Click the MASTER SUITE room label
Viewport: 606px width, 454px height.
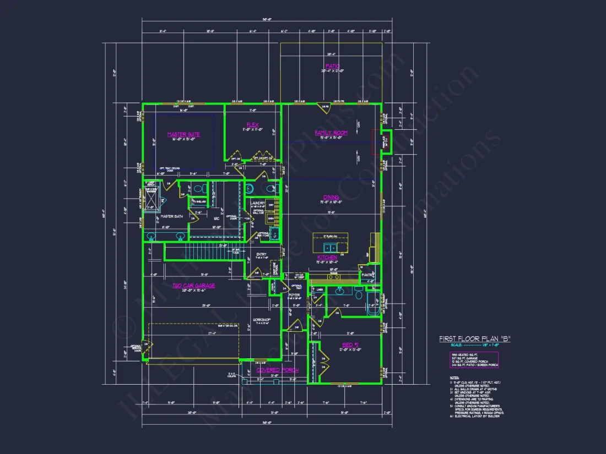pos(183,134)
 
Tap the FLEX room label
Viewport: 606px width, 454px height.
pos(253,125)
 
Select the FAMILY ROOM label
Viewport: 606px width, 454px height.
pos(331,133)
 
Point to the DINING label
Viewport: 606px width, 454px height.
pos(331,197)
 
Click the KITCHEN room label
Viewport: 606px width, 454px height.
pos(327,258)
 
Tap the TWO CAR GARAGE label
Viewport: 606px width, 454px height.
pos(193,286)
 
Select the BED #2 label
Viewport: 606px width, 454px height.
pos(349,346)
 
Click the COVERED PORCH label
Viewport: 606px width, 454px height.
pos(277,370)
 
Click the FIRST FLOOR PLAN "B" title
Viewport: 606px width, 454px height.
pos(474,339)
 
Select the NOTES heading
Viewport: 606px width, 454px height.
pos(454,378)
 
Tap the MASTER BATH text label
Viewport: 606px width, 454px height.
pos(171,216)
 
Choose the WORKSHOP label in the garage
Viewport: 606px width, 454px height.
pos(261,320)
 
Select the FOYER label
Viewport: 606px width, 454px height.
pos(294,295)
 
